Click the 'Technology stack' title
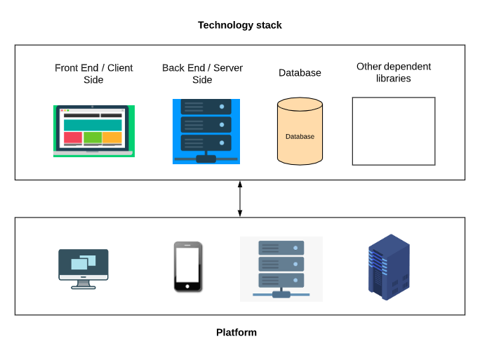[239, 25]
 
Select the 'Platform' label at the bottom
[236, 333]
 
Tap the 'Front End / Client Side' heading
[93, 74]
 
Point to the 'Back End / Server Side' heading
[202, 74]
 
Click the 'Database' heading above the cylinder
[300, 73]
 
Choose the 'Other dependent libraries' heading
[393, 72]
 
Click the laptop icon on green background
[93, 131]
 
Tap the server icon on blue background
[206, 131]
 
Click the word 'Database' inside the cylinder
[300, 137]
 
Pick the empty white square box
[393, 131]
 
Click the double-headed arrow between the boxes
[240, 199]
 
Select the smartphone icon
[188, 267]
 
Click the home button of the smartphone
[188, 286]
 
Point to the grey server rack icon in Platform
[281, 269]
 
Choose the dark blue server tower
[389, 267]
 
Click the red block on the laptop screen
[73, 137]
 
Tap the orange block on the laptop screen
[112, 137]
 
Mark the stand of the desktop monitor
[83, 285]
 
